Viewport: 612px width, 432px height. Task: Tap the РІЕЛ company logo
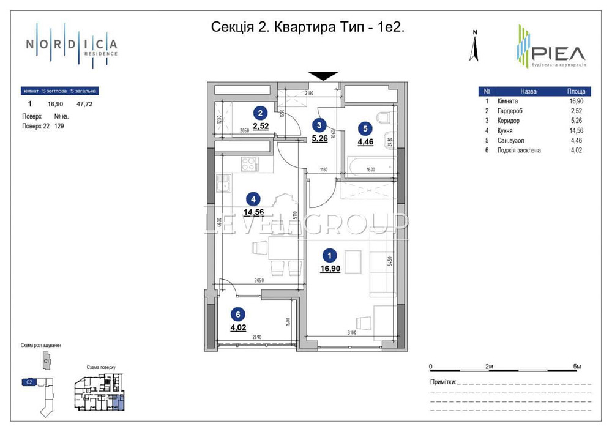tap(551, 47)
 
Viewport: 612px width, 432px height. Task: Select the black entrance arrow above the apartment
tap(323, 76)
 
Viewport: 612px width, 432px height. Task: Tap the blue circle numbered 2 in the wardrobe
tap(261, 113)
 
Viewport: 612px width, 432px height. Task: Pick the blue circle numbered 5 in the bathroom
tap(365, 129)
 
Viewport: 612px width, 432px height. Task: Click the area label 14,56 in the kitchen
tap(254, 212)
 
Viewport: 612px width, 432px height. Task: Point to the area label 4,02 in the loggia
tap(239, 327)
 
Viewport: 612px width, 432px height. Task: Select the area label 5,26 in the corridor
tap(320, 138)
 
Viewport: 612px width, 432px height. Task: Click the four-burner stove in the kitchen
tap(250, 163)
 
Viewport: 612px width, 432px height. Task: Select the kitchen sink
tap(226, 182)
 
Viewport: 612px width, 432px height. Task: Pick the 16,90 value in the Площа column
tap(575, 102)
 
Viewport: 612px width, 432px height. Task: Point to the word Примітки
tap(444, 382)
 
